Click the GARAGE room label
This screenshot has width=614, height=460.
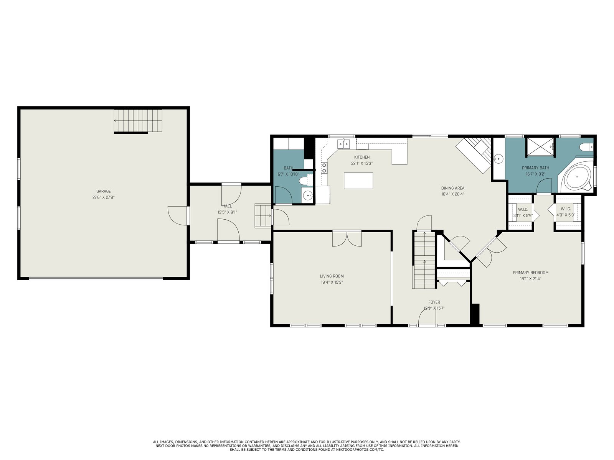[x=104, y=191]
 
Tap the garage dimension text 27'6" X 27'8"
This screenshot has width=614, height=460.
[x=104, y=197]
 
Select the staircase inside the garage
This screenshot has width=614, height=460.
[x=138, y=121]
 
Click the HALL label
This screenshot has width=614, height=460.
[x=227, y=206]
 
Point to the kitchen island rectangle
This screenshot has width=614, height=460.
[x=358, y=181]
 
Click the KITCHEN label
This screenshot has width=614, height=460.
[x=362, y=157]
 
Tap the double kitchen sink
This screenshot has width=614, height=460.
[x=343, y=144]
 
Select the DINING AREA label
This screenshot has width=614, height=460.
[x=452, y=188]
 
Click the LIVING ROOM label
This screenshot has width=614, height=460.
[x=332, y=276]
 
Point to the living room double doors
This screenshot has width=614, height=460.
[x=347, y=239]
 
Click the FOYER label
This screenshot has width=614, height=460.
[x=434, y=302]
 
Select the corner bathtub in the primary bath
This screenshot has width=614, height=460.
[x=577, y=177]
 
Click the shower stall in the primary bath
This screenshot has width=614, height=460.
[x=540, y=147]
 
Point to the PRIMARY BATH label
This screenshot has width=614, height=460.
[x=535, y=168]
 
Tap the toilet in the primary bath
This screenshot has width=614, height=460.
[x=586, y=147]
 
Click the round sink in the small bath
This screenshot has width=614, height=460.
[x=308, y=195]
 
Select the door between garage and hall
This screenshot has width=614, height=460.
[x=178, y=215]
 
